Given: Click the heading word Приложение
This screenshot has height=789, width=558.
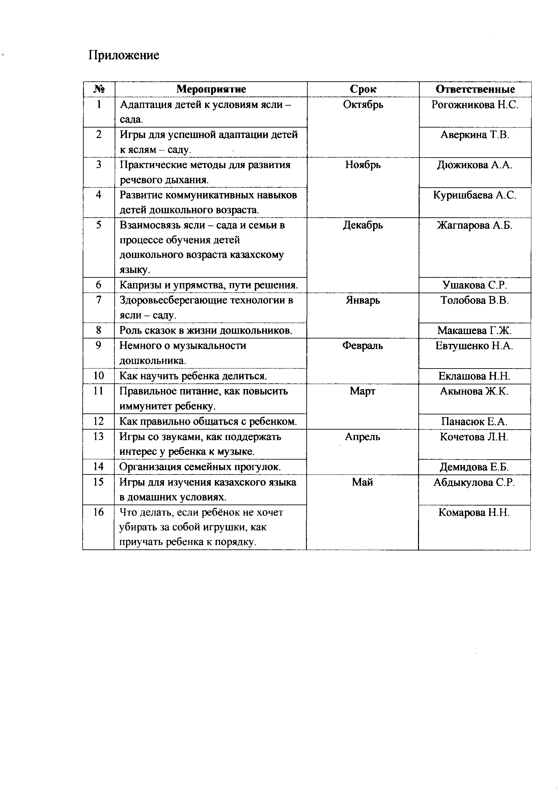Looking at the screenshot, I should pyautogui.click(x=124, y=55).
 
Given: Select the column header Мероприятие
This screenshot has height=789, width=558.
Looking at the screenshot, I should pyautogui.click(x=211, y=89).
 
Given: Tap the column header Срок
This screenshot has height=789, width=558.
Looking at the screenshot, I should pyautogui.click(x=363, y=89).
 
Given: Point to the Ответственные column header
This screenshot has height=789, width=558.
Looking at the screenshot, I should pyautogui.click(x=475, y=89).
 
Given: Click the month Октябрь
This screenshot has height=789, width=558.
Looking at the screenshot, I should pyautogui.click(x=363, y=105).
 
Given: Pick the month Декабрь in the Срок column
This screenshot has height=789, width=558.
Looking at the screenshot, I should pyautogui.click(x=363, y=225).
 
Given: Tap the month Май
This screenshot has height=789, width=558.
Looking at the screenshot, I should pyautogui.click(x=362, y=482).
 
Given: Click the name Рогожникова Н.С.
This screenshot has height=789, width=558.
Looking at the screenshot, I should pyautogui.click(x=475, y=105).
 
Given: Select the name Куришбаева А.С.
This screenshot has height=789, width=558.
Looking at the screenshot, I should pyautogui.click(x=475, y=195).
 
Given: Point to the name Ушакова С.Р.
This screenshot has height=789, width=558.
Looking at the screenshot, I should pyautogui.click(x=475, y=285).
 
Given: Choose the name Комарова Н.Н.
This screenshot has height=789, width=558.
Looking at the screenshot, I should pyautogui.click(x=474, y=512).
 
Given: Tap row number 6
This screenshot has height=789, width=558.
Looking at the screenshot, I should pyautogui.click(x=99, y=285).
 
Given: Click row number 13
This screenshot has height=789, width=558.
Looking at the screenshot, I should pyautogui.click(x=98, y=436).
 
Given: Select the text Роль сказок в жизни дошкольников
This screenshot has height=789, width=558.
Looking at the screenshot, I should pyautogui.click(x=206, y=331).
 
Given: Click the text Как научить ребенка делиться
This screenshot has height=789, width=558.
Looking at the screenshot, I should pyautogui.click(x=193, y=376).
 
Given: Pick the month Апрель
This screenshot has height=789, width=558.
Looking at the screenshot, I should pyautogui.click(x=362, y=437).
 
